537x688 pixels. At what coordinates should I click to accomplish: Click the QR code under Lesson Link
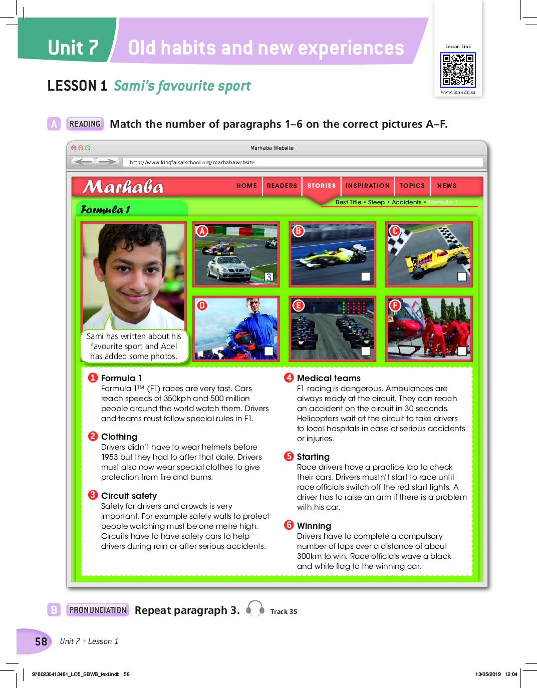[458, 70]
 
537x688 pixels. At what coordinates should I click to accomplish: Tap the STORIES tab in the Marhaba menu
[321, 186]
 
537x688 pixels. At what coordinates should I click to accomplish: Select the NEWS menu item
[446, 186]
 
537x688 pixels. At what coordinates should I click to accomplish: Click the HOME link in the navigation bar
[246, 186]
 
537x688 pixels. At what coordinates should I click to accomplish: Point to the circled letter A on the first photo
[202, 231]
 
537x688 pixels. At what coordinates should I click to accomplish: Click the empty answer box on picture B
[366, 277]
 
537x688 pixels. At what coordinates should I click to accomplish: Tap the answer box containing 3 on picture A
[269, 277]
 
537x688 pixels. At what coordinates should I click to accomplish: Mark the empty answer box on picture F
[462, 352]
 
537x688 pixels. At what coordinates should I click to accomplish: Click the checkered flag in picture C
[404, 239]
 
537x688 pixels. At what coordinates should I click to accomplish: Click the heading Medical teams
[329, 378]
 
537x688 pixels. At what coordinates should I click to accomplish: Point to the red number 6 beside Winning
[289, 525]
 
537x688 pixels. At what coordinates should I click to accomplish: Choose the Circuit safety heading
[129, 496]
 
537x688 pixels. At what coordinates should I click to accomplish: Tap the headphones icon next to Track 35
[255, 608]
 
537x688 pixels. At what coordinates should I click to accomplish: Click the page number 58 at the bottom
[41, 641]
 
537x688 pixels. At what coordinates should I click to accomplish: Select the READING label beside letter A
[85, 124]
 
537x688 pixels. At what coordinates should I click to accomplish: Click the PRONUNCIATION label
[98, 610]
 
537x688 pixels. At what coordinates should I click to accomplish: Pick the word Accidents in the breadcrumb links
[406, 202]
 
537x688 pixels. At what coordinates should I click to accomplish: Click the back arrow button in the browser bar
[83, 162]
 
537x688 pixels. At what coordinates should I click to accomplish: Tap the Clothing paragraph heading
[119, 437]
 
